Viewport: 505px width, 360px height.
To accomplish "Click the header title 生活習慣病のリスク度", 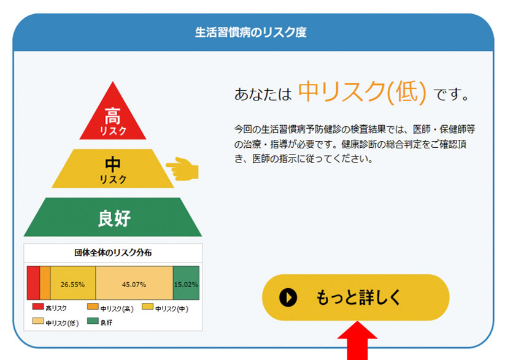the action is coord(250,33).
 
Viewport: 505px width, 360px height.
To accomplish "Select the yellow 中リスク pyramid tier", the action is coord(113,169).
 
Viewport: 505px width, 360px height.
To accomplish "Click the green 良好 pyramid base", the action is coord(113,217).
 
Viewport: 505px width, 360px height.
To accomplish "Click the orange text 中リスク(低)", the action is coord(362,92).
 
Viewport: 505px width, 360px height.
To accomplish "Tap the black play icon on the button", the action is coord(288,297).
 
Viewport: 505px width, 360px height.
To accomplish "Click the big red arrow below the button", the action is coord(357,340).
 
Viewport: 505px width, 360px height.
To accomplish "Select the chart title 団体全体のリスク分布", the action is coord(113,253).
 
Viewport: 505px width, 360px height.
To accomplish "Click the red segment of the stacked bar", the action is coord(34,283).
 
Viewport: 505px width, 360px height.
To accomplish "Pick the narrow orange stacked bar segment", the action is coord(45,283).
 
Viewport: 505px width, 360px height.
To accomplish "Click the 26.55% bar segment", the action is coord(73,283).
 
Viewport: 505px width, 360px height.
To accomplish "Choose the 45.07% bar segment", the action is coord(134,283).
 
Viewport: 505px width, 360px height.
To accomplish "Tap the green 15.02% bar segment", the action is coord(186,283).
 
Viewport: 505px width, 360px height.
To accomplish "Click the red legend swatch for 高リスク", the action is coord(38,306).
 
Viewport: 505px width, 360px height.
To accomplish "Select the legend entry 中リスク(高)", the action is coord(110,307).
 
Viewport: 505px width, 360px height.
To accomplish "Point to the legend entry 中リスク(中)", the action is coord(165,307).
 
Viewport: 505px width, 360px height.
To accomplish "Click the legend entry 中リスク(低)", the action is coord(56,322).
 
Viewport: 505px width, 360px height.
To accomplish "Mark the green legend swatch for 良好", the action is coord(93,321).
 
